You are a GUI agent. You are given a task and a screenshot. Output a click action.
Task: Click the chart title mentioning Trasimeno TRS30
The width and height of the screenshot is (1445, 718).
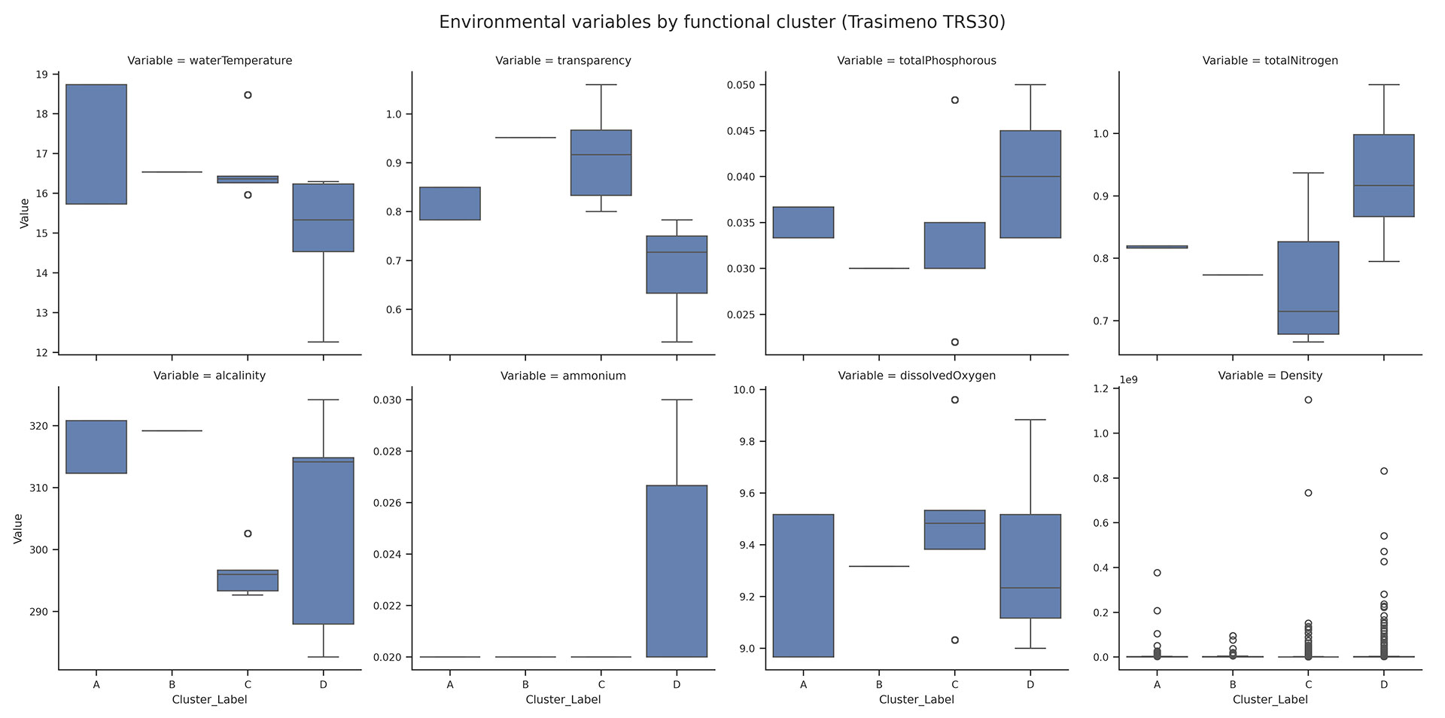(x=722, y=22)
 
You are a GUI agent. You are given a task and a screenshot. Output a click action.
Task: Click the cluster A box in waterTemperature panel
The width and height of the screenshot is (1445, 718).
(x=96, y=144)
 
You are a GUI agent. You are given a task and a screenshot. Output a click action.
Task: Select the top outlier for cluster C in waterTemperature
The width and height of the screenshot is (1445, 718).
(x=248, y=95)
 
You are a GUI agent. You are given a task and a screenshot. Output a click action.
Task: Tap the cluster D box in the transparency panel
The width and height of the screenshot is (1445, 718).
(x=677, y=264)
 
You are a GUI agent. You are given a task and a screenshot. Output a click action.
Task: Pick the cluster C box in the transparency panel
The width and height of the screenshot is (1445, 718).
(x=601, y=163)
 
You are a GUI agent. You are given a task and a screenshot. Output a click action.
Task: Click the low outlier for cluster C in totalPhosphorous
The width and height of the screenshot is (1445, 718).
(x=955, y=342)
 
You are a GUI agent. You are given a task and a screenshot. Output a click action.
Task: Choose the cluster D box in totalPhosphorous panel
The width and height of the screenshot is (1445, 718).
(x=1030, y=184)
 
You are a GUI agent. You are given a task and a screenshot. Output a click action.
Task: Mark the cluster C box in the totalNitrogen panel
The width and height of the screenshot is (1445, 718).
(x=1308, y=288)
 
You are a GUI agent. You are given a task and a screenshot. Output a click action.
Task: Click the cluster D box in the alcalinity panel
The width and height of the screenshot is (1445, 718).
(x=323, y=540)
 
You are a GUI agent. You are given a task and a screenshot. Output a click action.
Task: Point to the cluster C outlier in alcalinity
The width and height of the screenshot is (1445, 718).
(x=248, y=534)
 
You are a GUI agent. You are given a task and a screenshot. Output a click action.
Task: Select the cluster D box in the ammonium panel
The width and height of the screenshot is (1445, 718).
(x=677, y=570)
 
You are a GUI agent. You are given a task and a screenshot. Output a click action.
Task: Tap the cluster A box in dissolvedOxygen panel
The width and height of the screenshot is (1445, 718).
(x=804, y=586)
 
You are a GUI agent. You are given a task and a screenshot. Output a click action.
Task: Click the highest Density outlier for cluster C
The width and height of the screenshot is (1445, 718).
(x=1308, y=400)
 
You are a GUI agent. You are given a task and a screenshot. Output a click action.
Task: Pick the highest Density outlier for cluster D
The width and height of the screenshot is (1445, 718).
(x=1383, y=471)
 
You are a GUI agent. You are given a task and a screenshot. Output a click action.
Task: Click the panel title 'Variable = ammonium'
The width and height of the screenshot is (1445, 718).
(x=563, y=376)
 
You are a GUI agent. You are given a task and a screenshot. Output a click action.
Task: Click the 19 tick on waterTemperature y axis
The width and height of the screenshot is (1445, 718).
(x=41, y=75)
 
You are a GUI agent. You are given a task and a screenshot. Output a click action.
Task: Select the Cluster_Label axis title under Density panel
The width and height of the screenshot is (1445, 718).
(x=1270, y=699)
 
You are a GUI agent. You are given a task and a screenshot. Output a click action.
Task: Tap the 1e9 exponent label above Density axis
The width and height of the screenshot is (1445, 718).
(x=1128, y=379)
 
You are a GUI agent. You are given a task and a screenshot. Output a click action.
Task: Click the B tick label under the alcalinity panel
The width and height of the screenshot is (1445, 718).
(x=172, y=684)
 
